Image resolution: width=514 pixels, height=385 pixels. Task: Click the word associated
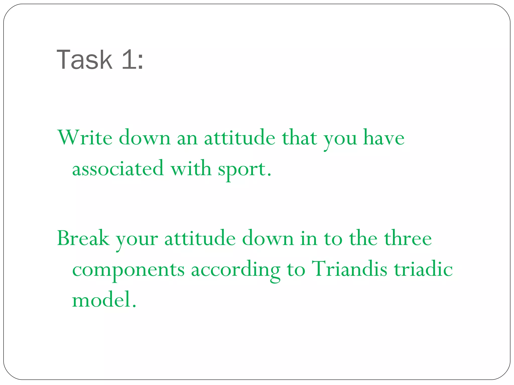[x=118, y=168]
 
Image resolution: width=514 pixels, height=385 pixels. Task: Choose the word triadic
[x=423, y=269]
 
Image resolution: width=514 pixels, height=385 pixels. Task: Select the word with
[x=191, y=168]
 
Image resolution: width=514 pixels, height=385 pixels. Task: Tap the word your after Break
[x=137, y=239]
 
